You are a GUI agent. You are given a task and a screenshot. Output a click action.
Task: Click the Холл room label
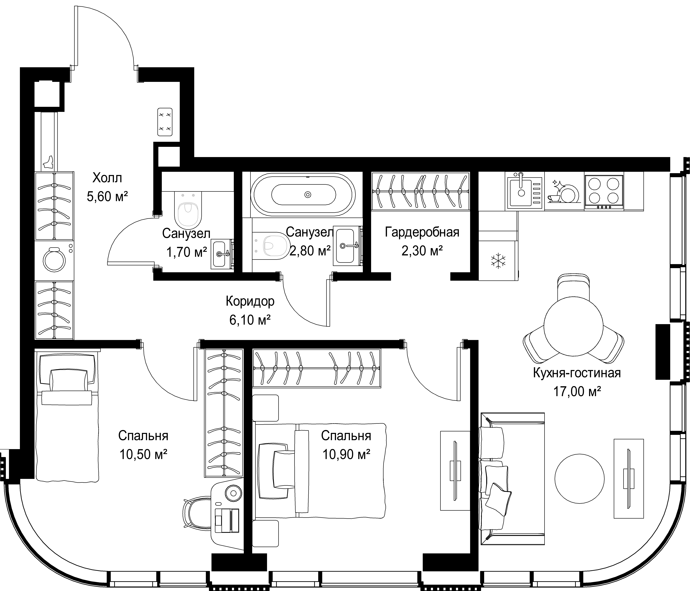[x=107, y=178]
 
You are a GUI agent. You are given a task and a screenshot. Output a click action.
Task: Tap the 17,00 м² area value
[x=577, y=392]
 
